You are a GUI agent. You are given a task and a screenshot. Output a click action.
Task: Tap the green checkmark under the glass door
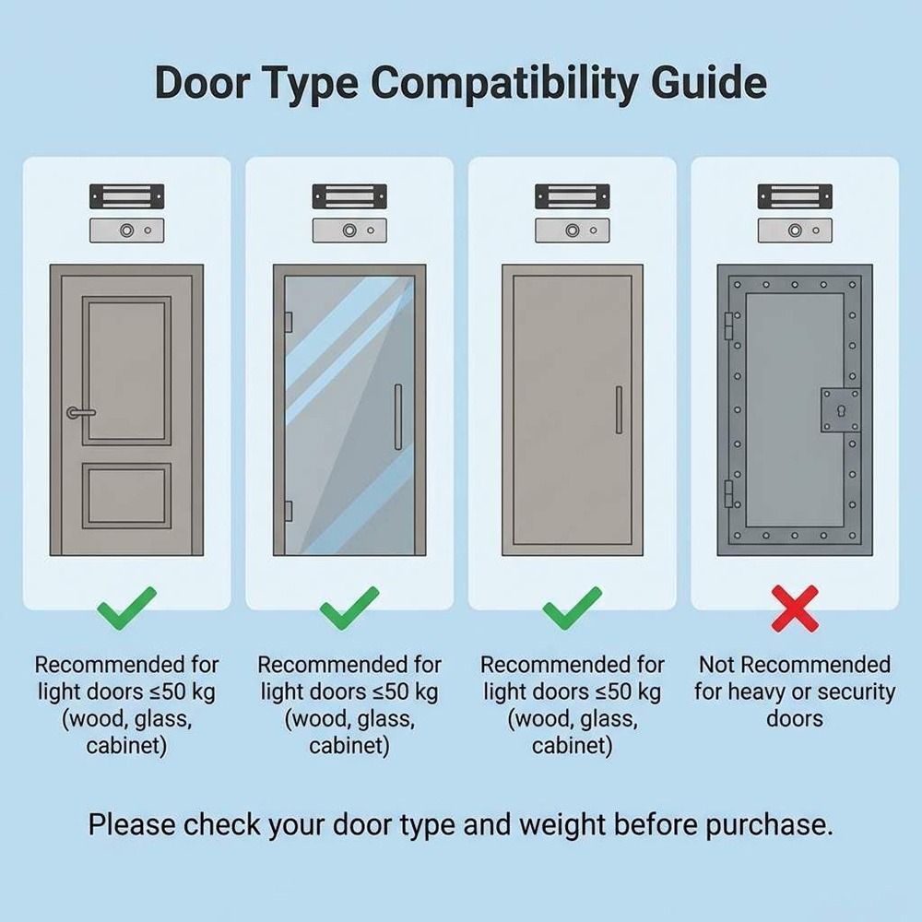[349, 609]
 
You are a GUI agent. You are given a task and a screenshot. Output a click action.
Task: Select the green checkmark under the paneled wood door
[126, 609]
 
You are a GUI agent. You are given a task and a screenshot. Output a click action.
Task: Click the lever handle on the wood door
[81, 412]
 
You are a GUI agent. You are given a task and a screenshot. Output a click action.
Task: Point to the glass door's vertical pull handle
[398, 417]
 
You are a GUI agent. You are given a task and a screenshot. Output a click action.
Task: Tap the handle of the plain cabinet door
[619, 409]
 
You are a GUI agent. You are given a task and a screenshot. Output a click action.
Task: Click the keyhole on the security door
[841, 412]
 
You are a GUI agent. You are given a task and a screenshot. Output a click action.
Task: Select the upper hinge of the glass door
[289, 322]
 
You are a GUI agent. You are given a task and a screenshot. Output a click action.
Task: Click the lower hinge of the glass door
[289, 510]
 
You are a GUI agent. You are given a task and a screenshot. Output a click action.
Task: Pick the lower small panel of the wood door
[126, 495]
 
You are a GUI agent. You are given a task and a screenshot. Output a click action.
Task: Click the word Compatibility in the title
[504, 83]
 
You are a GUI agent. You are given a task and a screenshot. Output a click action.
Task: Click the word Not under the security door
[717, 665]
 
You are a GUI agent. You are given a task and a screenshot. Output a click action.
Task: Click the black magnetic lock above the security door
[795, 196]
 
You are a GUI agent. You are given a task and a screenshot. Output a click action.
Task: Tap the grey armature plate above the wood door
[126, 230]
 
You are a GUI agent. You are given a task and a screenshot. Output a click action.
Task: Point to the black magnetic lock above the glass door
[349, 196]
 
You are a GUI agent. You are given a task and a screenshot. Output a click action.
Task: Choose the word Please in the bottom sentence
[132, 824]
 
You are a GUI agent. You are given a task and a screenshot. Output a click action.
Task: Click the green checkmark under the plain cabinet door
[573, 609]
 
